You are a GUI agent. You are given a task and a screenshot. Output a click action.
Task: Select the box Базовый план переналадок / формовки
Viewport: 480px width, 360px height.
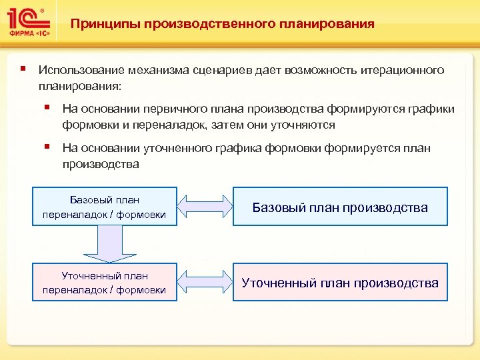click(105, 207)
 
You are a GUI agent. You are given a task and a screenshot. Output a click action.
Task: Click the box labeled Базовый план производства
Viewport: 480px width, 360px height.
click(340, 207)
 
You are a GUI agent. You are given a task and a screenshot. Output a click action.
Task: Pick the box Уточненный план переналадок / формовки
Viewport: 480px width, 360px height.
click(105, 282)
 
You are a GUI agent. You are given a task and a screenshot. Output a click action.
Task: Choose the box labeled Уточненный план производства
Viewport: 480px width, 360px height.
click(340, 283)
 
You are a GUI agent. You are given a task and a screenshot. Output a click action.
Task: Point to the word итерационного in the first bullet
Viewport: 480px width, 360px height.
click(405, 70)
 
